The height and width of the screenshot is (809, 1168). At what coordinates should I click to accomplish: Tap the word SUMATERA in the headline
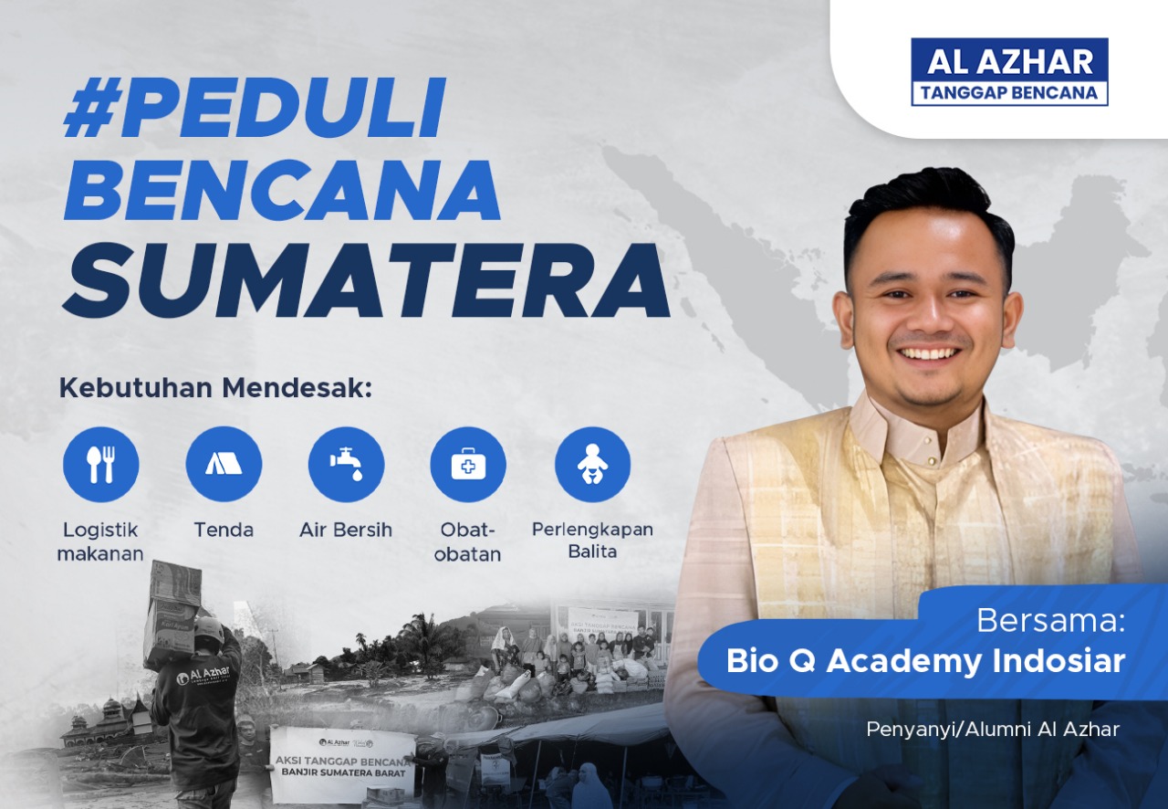point(365,278)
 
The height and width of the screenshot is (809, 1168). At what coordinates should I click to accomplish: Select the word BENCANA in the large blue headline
point(283,192)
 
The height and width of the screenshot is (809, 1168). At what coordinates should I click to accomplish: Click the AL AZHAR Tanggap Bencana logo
point(1009,71)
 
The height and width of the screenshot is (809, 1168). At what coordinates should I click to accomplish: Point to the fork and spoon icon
point(100,465)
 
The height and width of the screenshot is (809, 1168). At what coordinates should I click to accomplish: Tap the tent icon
point(224,465)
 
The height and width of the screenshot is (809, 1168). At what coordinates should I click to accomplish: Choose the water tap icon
point(346,465)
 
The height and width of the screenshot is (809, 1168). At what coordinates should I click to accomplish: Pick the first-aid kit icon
point(468,465)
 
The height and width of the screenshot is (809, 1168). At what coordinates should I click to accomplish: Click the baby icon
point(592,465)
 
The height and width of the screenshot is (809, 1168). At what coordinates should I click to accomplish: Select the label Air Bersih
point(346,530)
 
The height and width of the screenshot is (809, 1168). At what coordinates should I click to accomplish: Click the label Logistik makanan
point(100,541)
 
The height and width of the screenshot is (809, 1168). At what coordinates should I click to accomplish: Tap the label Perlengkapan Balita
point(592,540)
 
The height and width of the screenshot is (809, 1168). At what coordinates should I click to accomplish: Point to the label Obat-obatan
point(468,541)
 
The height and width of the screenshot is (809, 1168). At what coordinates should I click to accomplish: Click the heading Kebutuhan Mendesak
point(216,387)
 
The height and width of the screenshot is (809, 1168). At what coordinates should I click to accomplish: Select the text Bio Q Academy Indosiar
point(925,661)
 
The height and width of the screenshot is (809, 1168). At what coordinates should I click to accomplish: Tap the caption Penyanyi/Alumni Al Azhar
point(993,729)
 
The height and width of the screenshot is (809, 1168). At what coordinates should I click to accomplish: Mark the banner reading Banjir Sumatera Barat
point(342,763)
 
